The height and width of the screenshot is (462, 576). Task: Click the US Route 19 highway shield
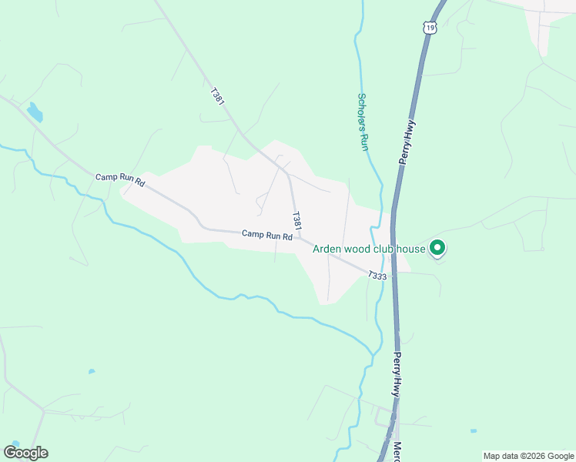pos(429,28)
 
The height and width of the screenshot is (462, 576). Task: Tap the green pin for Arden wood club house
pos(437,248)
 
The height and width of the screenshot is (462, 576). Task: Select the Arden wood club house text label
pos(369,249)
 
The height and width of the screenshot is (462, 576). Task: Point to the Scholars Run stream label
pos(363,122)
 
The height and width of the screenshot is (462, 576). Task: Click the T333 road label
pos(377,275)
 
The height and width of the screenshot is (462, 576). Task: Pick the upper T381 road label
pos(217,97)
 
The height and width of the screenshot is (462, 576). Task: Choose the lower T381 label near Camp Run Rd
pos(295,220)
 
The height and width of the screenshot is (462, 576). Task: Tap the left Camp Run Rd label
pos(120,180)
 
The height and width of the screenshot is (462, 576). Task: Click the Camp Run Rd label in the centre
pos(266,235)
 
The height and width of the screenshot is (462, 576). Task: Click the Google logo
pos(25,452)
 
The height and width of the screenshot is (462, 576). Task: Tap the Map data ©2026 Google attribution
pos(529,456)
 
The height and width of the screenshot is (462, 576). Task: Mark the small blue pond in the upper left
pos(35,113)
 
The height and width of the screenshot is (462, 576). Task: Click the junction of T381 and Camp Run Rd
pos(300,239)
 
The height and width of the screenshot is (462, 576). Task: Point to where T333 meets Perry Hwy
pos(393,273)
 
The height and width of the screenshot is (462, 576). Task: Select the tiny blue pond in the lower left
pos(92,371)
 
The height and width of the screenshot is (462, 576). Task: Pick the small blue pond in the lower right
pos(473,431)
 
